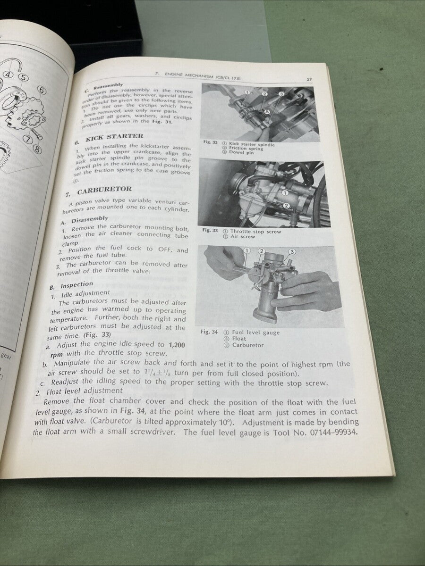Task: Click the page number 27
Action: [308, 80]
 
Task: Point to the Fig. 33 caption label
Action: [210, 230]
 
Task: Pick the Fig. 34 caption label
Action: [209, 332]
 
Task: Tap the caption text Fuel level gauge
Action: [255, 332]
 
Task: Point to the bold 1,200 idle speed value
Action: [177, 345]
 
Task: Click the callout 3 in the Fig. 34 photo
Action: [292, 251]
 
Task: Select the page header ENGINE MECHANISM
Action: [195, 75]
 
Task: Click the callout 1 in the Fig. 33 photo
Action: [285, 192]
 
